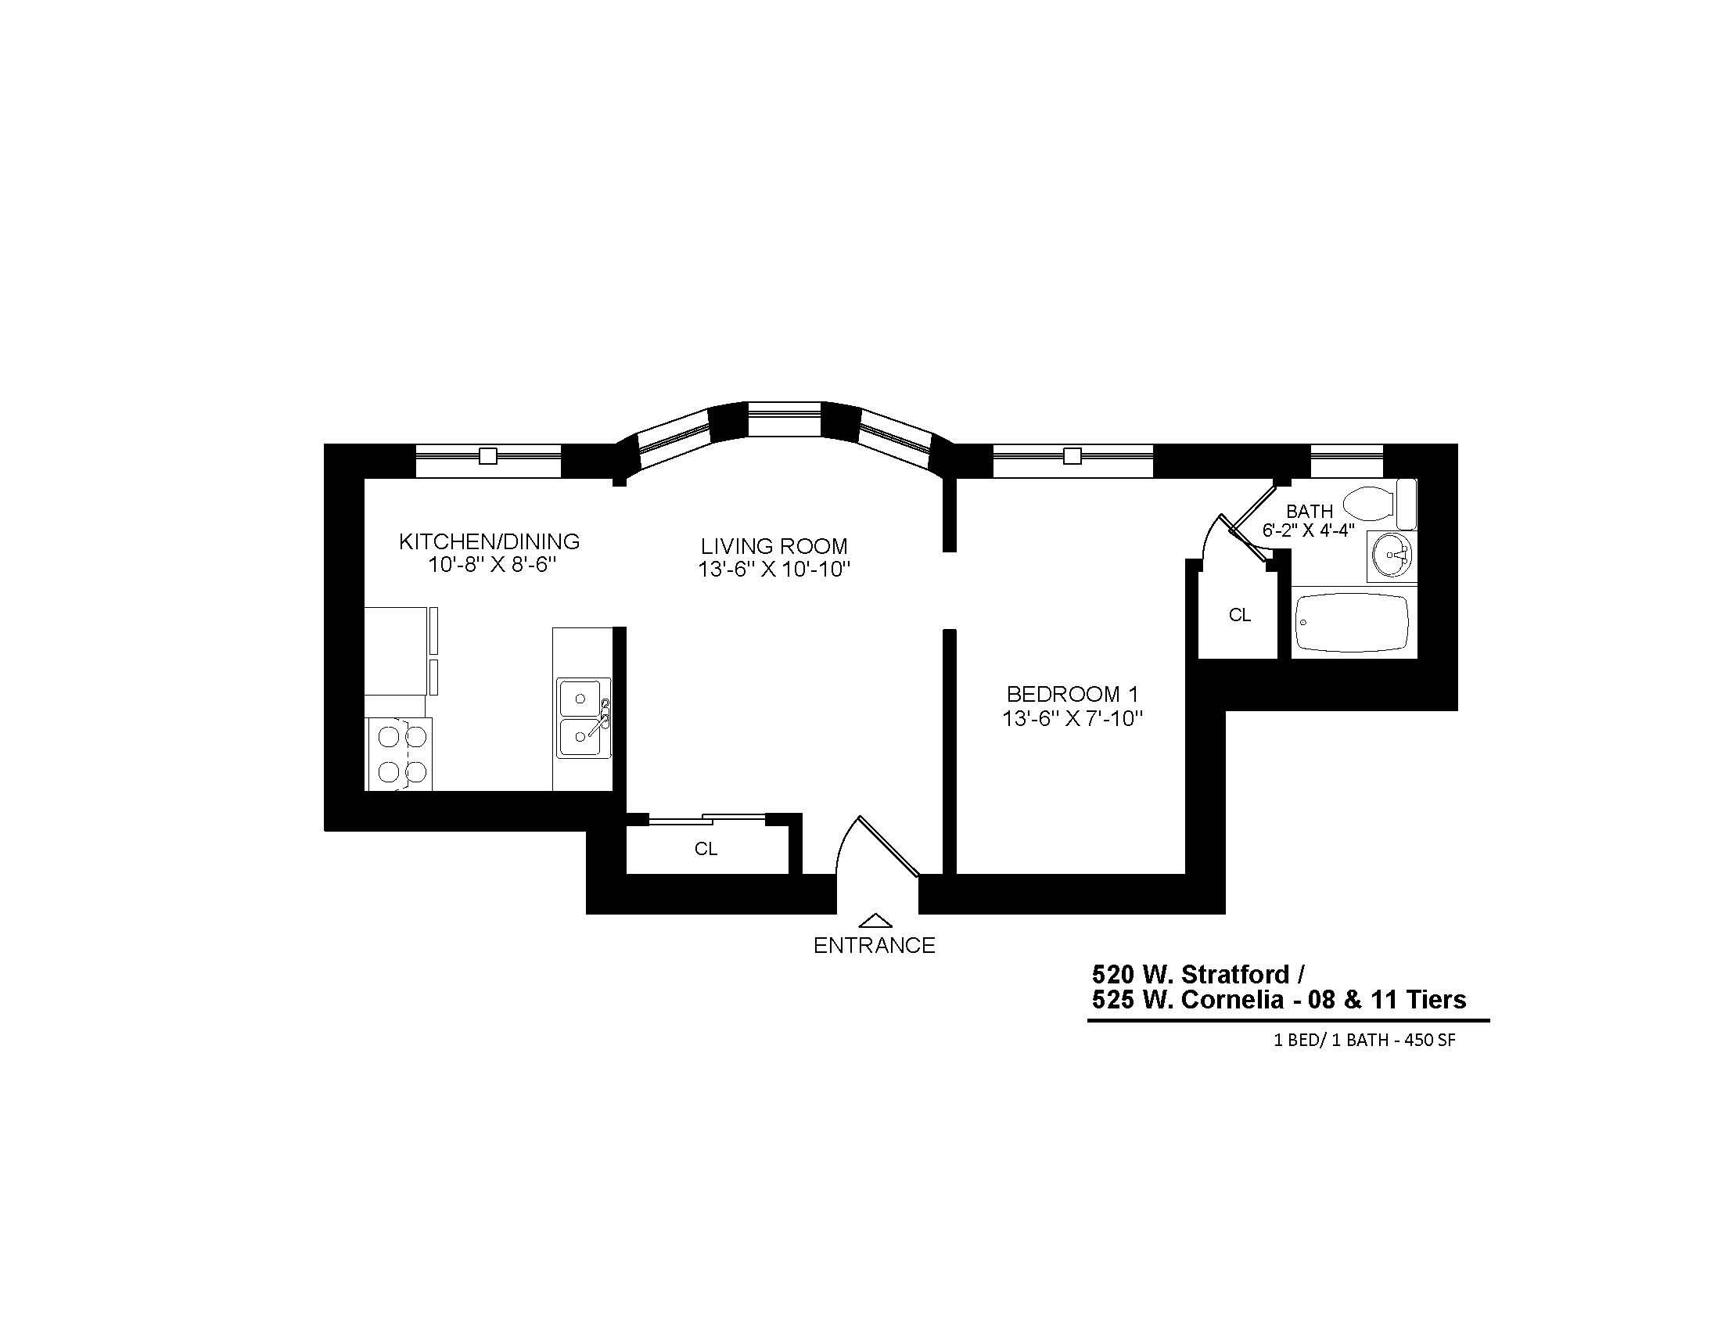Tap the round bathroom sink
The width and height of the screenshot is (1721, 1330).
point(1392,555)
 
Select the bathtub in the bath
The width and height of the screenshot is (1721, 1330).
point(1353,623)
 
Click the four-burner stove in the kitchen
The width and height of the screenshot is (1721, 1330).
point(399,754)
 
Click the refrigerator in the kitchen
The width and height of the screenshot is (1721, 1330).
point(397,651)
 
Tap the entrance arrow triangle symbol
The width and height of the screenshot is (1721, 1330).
point(875,920)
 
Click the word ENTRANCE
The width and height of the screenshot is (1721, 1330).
point(874,946)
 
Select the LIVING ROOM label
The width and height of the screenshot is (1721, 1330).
point(774,546)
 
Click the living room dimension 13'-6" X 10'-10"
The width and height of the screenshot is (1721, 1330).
point(774,569)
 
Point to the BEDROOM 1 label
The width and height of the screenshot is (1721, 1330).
point(1072,694)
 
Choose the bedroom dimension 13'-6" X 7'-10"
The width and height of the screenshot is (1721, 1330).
point(1072,718)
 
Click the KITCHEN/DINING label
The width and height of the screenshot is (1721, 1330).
point(490,541)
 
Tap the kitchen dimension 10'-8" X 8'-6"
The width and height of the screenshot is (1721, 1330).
point(493,565)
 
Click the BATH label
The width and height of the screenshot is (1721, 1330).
point(1310,512)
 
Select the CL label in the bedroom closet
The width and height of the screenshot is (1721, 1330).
point(1240,616)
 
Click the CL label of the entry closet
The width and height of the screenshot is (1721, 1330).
point(706,849)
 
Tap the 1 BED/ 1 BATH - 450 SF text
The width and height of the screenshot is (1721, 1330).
point(1364,1040)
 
